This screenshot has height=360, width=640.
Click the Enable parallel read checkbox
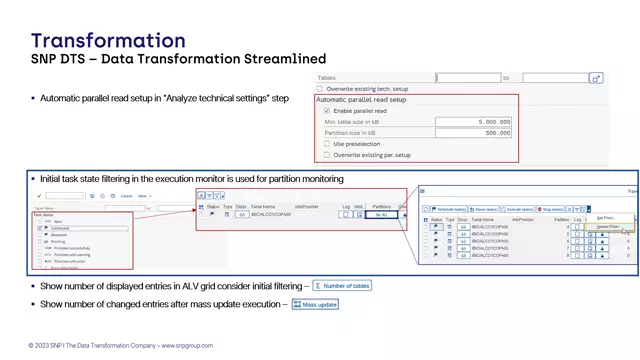coord(327,111)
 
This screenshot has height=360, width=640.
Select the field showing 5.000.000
coord(474,122)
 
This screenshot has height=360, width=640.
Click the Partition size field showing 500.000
coord(474,133)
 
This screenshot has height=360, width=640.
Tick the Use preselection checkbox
coord(327,144)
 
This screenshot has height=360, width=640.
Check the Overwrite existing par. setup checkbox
coord(327,155)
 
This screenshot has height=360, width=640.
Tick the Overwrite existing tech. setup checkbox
coord(320,89)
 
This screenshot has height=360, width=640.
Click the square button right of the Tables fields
coord(596,78)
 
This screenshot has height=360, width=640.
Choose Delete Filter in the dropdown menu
coord(607,227)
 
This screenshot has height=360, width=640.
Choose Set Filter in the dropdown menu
coord(605,218)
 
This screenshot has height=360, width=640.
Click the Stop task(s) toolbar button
coord(551,209)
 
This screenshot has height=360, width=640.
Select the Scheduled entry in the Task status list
coord(61,228)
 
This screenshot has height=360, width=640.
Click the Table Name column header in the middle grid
coord(263,207)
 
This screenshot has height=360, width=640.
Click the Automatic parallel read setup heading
coord(361,100)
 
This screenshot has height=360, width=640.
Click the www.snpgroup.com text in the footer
coord(187,346)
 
